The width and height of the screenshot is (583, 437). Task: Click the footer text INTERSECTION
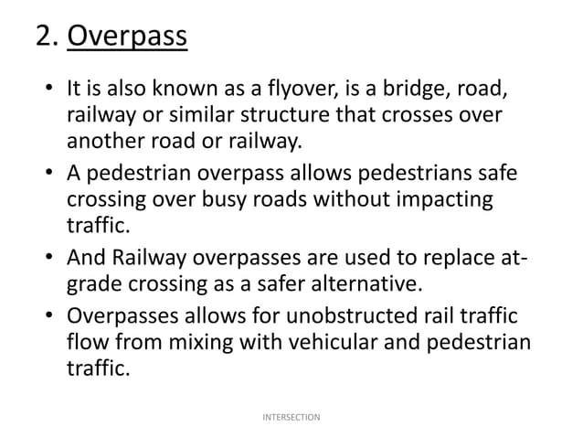point(291,417)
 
